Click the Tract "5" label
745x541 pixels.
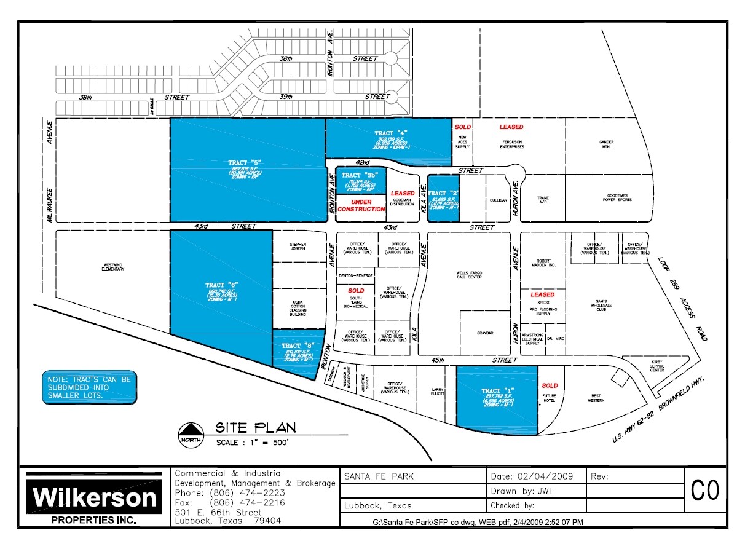pos(246,162)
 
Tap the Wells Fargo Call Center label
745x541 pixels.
pos(468,274)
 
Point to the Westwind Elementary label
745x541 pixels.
pos(113,267)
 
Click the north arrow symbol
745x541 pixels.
pos(191,434)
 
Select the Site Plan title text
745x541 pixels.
pos(255,427)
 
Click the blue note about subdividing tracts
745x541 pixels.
pos(90,387)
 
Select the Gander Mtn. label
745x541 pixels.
pos(606,144)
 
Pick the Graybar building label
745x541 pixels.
pos(485,333)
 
